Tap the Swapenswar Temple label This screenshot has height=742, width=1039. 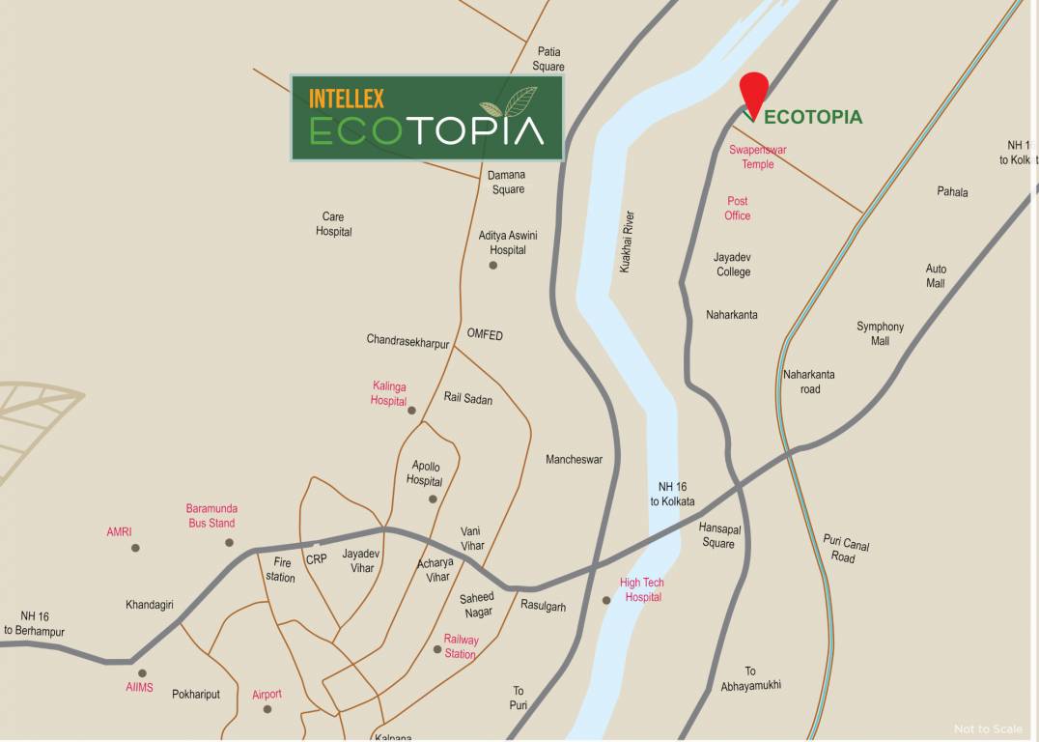tap(758, 157)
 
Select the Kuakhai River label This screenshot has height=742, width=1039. tap(627, 242)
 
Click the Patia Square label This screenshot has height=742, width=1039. tap(548, 59)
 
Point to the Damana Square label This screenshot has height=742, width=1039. tap(508, 182)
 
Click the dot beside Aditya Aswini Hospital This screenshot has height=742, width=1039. tap(493, 265)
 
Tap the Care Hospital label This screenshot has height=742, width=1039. tap(334, 224)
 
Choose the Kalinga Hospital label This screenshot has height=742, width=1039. tap(389, 393)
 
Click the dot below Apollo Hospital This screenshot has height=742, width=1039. tap(433, 499)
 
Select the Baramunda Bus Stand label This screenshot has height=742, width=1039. tap(211, 516)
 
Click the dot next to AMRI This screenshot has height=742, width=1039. tap(135, 548)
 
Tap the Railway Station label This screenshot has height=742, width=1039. tap(461, 646)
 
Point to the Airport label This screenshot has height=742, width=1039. tap(267, 694)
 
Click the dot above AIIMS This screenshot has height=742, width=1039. tap(142, 673)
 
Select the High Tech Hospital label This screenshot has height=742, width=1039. tap(642, 589)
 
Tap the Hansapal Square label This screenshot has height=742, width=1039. tap(717, 535)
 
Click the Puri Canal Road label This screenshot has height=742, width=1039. tap(845, 549)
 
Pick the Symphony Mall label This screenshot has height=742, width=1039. tap(880, 333)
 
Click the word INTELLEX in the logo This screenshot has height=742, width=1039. tap(347, 99)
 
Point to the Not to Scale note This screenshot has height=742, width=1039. tap(988, 729)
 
